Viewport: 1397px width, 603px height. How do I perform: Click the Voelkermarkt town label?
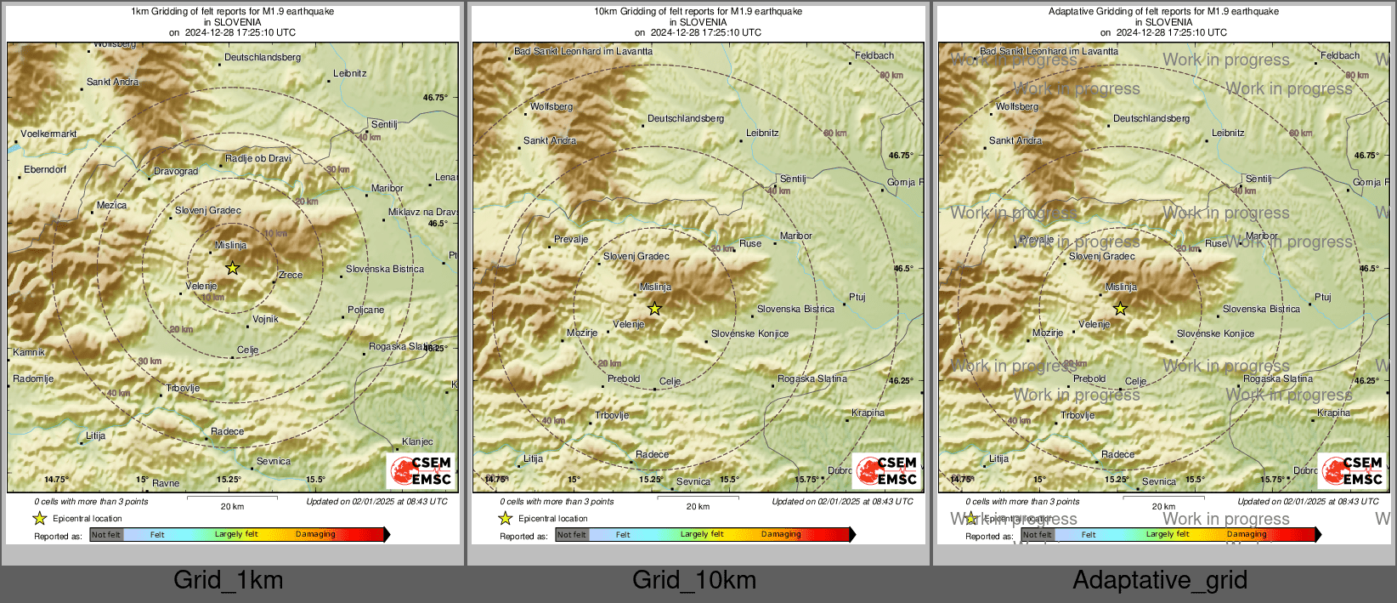click(x=48, y=134)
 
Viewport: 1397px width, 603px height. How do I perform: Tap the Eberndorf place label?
click(x=45, y=169)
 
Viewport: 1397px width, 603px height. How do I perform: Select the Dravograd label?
click(x=176, y=171)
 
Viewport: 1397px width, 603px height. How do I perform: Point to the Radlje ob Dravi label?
click(x=258, y=158)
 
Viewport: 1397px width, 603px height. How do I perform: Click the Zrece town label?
click(x=291, y=275)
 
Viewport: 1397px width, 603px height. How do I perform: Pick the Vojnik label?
click(x=265, y=319)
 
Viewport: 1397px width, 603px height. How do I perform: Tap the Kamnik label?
click(x=29, y=352)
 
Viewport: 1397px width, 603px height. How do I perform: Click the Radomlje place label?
click(x=33, y=378)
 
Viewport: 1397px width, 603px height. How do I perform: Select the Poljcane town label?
click(x=365, y=310)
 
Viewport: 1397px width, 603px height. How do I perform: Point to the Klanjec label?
click(x=417, y=441)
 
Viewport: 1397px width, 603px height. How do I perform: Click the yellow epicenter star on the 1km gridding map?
click(x=233, y=268)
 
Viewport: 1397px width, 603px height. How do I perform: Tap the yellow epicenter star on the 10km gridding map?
click(x=654, y=309)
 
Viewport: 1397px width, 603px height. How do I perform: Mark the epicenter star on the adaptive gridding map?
click(x=1120, y=309)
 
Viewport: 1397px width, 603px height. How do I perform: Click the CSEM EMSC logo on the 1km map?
click(x=421, y=470)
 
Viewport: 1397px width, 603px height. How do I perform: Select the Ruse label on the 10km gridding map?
click(x=750, y=243)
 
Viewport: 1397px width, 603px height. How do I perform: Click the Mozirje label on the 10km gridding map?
click(x=582, y=333)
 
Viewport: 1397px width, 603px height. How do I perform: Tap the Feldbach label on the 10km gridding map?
click(x=874, y=55)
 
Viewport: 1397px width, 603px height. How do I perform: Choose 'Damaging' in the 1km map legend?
click(x=315, y=534)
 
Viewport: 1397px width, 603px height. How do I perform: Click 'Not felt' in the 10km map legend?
click(x=572, y=535)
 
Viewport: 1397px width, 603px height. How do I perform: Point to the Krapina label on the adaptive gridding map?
click(x=1333, y=412)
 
